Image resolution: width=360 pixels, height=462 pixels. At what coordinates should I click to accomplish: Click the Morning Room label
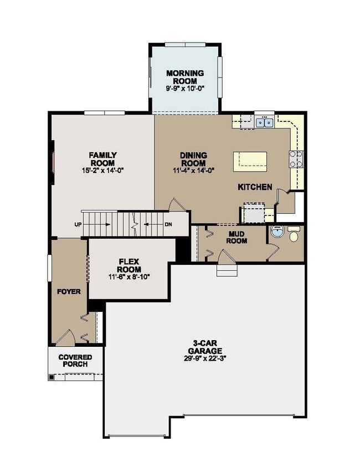[x=185, y=77]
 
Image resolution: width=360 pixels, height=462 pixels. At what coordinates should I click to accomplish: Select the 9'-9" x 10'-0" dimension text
[x=185, y=89]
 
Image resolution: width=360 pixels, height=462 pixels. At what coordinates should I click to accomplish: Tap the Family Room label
[x=102, y=159]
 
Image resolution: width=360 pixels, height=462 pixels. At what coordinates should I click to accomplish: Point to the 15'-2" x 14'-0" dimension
[x=102, y=171]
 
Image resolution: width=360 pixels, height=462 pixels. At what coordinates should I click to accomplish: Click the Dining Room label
[x=193, y=159]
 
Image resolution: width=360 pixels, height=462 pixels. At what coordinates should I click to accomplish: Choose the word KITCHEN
[x=255, y=187]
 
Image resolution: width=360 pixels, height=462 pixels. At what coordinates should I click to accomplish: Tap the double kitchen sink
[x=264, y=121]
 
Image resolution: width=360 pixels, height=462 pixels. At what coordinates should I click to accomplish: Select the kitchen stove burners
[x=295, y=160]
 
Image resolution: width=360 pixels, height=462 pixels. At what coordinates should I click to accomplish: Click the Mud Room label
[x=238, y=237]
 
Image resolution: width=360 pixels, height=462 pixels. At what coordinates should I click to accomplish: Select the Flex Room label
[x=130, y=265]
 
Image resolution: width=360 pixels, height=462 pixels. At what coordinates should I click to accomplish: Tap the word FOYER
[x=69, y=291]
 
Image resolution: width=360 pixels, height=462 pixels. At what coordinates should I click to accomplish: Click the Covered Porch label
[x=75, y=361]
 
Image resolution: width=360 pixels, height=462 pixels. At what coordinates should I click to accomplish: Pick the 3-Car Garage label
[x=204, y=347]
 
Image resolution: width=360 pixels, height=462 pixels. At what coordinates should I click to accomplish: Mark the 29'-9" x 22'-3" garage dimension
[x=204, y=358]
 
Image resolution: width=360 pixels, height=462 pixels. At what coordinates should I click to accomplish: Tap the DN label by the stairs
[x=168, y=225]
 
